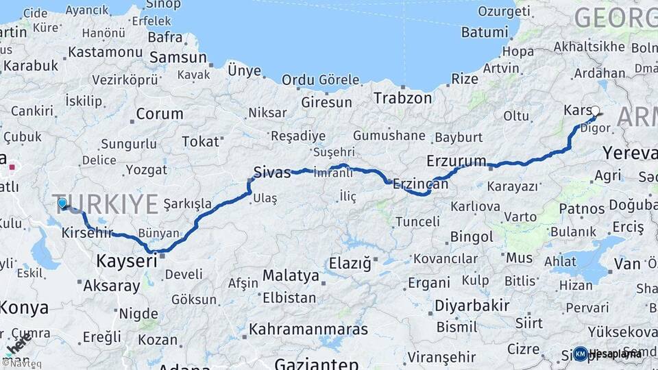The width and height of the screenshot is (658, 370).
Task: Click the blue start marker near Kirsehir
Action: [62, 203]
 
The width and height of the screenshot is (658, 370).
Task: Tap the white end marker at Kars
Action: [595, 110]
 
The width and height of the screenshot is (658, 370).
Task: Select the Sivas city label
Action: [269, 171]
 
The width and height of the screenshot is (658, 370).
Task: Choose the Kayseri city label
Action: [127, 261]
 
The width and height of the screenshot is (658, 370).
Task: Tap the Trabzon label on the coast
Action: [402, 98]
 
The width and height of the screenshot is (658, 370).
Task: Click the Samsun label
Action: [178, 58]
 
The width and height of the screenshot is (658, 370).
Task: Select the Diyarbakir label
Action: [472, 305]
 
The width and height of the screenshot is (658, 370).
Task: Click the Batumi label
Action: [484, 32]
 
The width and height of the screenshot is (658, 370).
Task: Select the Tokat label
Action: [200, 142]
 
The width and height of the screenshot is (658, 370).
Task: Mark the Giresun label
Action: [326, 103]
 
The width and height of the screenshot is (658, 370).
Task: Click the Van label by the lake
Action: [627, 264]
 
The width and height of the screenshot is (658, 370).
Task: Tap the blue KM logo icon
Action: [581, 354]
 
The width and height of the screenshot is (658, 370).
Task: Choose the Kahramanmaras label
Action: [308, 330]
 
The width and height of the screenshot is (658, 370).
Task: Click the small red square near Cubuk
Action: [12, 166]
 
